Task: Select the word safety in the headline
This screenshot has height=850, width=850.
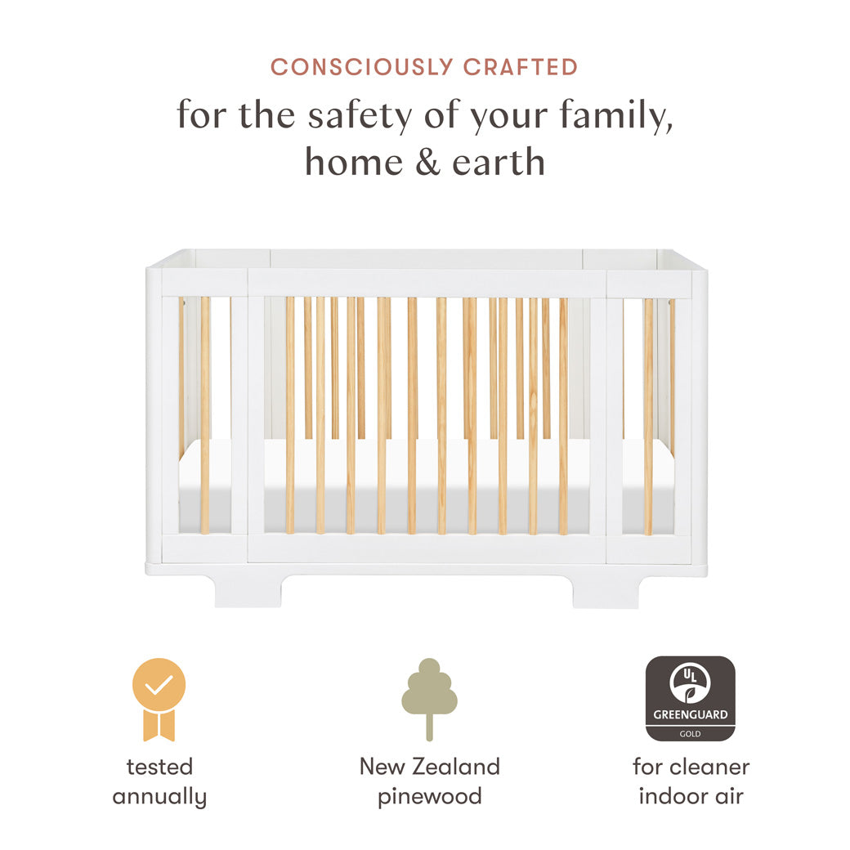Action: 360,116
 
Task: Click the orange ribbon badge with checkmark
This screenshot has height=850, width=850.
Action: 159,698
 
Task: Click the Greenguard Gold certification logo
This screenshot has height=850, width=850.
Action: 690,698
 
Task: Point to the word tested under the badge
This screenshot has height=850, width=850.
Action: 159,767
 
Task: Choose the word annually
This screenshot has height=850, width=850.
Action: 159,796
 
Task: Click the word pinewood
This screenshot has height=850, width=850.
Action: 429,796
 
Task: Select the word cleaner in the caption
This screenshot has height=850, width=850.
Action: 709,767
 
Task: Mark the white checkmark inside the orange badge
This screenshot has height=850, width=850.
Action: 159,685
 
